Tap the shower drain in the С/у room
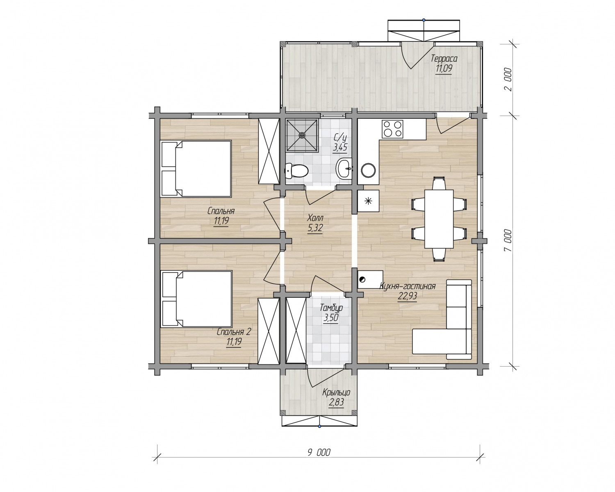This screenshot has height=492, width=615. tap(302, 135)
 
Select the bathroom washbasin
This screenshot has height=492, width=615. tap(344, 168)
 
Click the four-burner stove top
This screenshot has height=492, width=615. tap(392, 129)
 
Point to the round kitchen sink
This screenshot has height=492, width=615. tap(368, 170)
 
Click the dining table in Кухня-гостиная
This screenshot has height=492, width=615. tap(439, 219)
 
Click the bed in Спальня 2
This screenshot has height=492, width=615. tap(197, 299)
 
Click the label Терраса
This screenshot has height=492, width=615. tap(444, 59)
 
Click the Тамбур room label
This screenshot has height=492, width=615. tap(331, 308)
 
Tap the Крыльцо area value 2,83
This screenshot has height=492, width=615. tap(336, 402)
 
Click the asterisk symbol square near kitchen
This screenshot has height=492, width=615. tap(368, 201)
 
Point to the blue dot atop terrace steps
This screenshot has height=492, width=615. tap(424, 20)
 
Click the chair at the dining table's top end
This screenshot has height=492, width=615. tap(439, 183)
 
